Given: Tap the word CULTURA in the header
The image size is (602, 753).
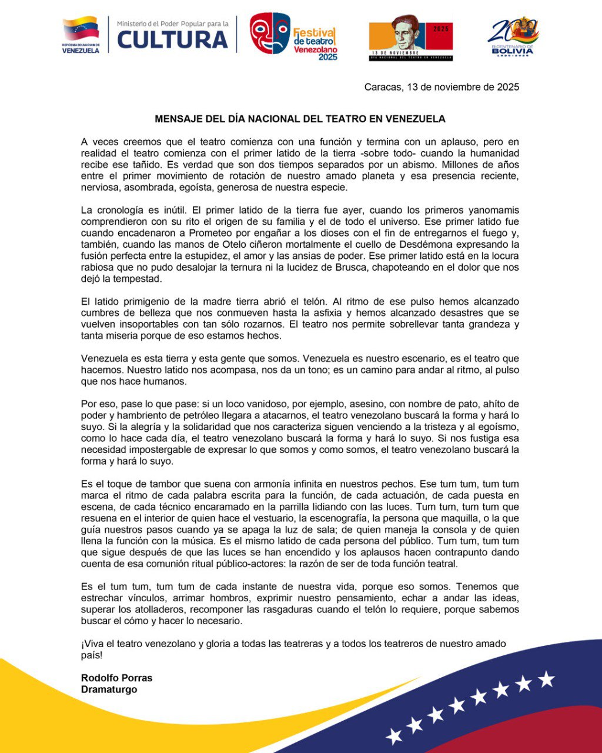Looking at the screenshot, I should point(173,39).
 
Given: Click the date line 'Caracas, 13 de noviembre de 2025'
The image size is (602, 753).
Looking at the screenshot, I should point(442,87).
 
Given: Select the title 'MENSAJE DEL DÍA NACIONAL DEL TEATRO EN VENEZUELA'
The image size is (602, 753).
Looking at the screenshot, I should point(300,119).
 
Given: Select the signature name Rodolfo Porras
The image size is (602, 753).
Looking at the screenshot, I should point(116,678).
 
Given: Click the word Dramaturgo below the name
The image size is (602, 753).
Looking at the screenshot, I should point(109,689).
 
